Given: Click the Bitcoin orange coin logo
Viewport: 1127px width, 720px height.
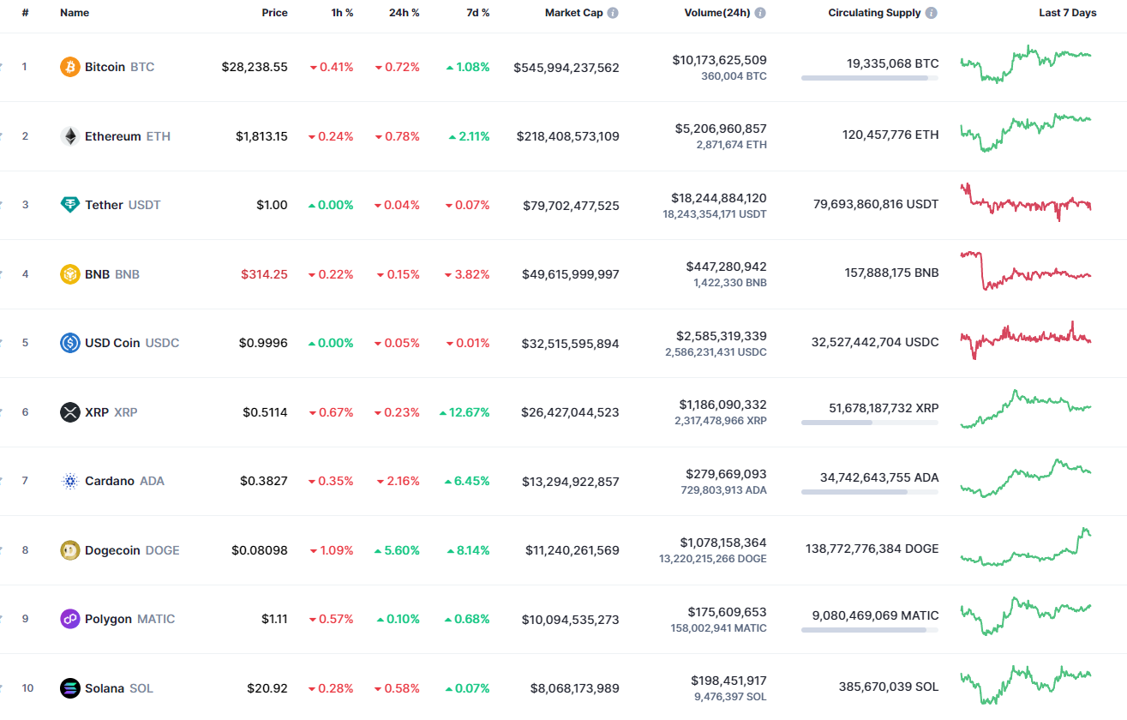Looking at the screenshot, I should (x=69, y=67).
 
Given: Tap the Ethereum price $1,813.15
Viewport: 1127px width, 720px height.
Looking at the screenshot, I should (x=261, y=136).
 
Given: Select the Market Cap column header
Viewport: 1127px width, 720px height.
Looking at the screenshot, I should (x=573, y=13).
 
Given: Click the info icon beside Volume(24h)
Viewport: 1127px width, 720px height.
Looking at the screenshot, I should (x=760, y=14).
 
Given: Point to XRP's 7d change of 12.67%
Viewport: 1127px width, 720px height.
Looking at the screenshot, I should (x=470, y=412).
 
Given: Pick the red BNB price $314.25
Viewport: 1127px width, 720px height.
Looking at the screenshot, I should (x=264, y=274).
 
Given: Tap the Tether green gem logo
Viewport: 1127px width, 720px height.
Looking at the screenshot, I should (x=69, y=205).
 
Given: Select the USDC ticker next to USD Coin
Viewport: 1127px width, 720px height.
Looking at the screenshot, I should (x=162, y=343).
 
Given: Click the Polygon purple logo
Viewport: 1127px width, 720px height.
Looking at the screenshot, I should (x=69, y=619).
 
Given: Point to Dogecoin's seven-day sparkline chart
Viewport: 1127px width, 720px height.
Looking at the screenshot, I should (x=1025, y=549).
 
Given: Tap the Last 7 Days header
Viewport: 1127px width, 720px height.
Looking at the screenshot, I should (x=1067, y=13).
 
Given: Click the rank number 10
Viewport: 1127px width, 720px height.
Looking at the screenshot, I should (x=27, y=688).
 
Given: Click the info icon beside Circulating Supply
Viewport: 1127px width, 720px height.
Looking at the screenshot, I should (x=932, y=14).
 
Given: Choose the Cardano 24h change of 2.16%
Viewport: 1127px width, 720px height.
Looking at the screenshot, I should (x=403, y=481).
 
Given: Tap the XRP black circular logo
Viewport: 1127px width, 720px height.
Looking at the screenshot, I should (x=69, y=412).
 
